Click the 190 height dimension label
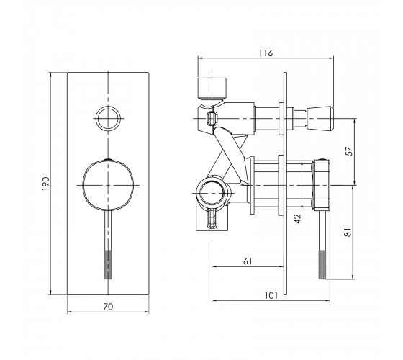tap(46, 184)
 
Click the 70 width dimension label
tap(108, 307)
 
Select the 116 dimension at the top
tap(266, 53)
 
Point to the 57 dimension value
tap(350, 151)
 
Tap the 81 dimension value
tap(348, 232)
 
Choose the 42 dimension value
tap(297, 219)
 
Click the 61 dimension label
tap(248, 261)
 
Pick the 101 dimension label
tap(271, 295)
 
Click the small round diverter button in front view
tap(108, 118)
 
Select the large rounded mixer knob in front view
tap(108, 185)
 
